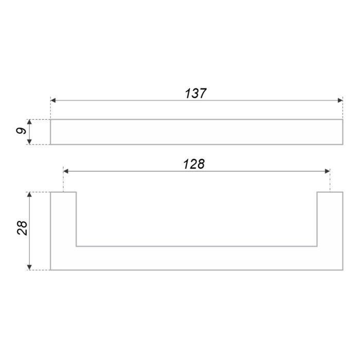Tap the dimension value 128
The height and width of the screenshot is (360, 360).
[x=194, y=164]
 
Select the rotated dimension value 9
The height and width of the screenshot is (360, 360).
[x=21, y=132]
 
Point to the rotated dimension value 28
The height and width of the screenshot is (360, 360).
[x=22, y=228]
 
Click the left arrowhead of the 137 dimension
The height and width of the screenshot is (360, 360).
[x=53, y=100]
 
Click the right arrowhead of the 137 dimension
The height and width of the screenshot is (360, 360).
[x=339, y=100]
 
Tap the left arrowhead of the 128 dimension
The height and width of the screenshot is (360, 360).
[x=66, y=171]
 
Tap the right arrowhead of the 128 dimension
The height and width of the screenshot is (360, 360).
[x=327, y=171]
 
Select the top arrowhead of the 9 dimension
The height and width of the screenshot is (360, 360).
[x=30, y=122]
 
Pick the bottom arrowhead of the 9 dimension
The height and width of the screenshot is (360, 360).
[x=30, y=141]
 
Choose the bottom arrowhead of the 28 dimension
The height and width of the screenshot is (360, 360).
[x=30, y=266]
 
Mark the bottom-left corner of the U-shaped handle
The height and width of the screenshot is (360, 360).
[x=50, y=269]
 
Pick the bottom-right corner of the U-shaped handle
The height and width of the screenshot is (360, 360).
[x=343, y=269]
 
